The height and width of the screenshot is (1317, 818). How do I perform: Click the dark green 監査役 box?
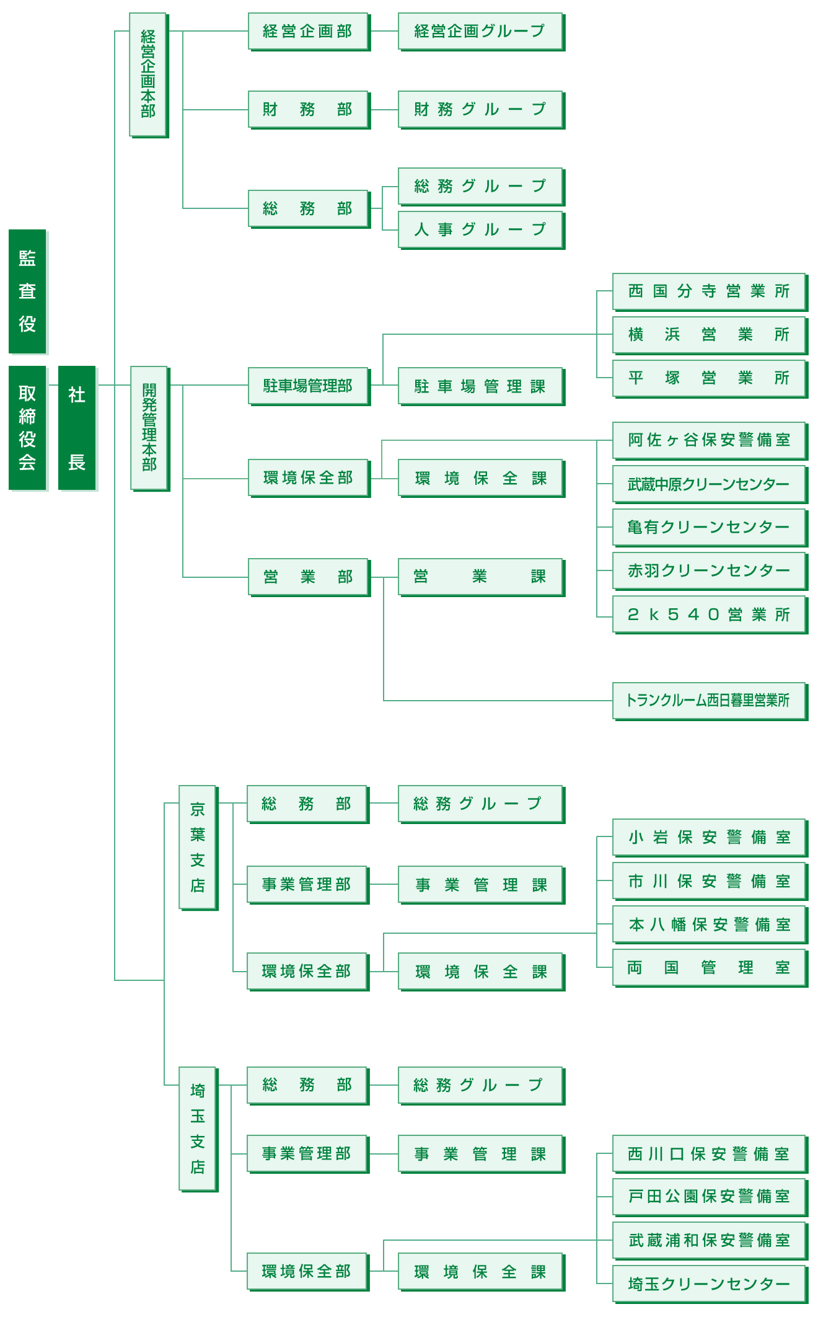coord(27,291)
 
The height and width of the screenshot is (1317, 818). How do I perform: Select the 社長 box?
coord(77,427)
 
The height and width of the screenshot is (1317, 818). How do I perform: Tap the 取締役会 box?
coord(27,427)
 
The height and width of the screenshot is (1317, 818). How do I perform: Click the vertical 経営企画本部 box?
coord(148,74)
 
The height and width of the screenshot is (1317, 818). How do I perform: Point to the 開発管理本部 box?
coord(149,427)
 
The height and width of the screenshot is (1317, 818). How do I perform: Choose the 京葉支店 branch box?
coord(198,847)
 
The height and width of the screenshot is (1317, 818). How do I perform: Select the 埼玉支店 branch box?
coord(198,1129)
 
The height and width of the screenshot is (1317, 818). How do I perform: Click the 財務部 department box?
coord(308,110)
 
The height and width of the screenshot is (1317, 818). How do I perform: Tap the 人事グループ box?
coord(480,229)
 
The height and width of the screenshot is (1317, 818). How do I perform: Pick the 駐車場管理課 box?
coord(480,386)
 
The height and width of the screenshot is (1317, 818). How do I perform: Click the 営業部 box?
coord(308,577)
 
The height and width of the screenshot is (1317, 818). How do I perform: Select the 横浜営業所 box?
coord(709,335)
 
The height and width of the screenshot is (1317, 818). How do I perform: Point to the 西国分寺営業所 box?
coord(709,291)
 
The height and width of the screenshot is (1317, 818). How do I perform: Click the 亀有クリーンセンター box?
coord(709,527)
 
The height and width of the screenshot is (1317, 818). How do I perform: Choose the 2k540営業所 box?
coord(709,614)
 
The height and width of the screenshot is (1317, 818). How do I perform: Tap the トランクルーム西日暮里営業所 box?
coord(709,701)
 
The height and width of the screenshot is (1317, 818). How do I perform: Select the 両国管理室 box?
coord(709,967)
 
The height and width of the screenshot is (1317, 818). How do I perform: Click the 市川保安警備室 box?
coord(709,880)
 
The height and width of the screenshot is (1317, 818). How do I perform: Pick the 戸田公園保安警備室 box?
coord(709,1197)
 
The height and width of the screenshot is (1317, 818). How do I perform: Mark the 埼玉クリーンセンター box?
coord(709,1284)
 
